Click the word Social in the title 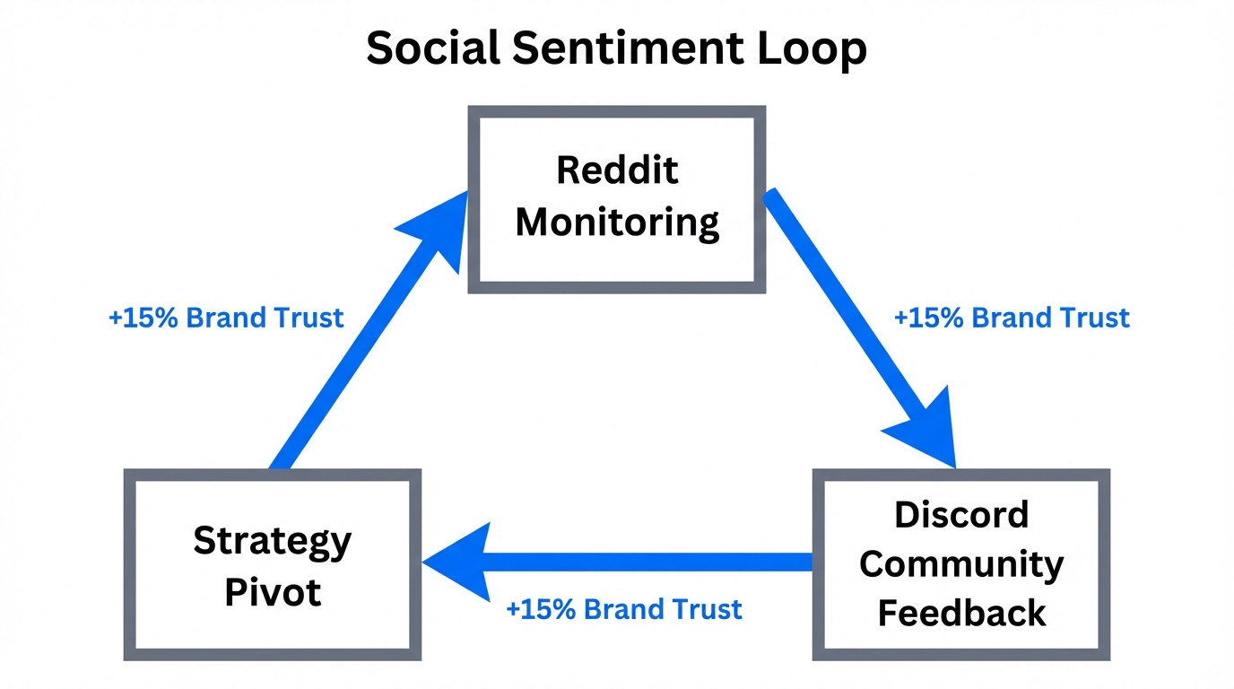(433, 48)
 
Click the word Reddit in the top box (617, 170)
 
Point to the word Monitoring (617, 222)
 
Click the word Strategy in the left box (272, 541)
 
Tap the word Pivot (272, 592)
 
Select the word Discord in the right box (961, 515)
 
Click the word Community (961, 564)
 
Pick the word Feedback (961, 614)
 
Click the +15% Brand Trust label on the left (226, 318)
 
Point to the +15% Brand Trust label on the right (1012, 318)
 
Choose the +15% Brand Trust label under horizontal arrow (624, 610)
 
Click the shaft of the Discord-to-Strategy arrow (655, 563)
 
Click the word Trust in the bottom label (710, 610)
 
